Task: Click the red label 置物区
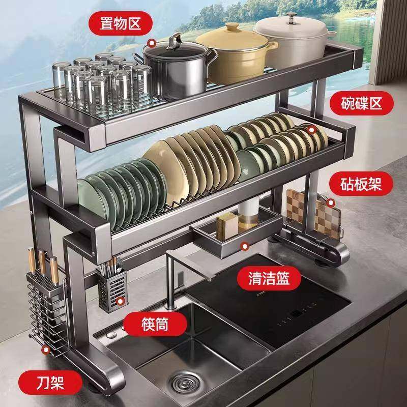[x=114, y=22]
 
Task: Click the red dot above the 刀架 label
[x=46, y=350]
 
